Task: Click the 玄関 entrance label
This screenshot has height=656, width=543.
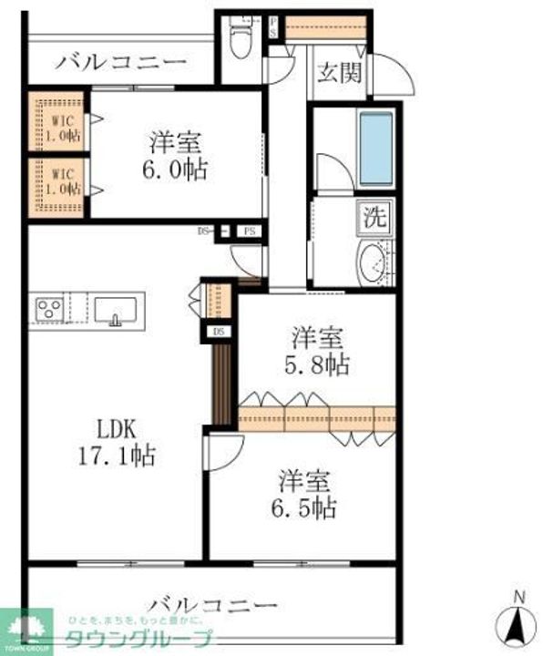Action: (339, 73)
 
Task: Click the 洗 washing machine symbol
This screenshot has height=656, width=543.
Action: (376, 218)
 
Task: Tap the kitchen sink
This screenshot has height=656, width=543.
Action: (115, 309)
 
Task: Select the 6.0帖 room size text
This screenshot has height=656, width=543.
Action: (179, 169)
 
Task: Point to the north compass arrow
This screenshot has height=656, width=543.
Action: (517, 624)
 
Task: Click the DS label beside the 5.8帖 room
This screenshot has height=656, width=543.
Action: (219, 332)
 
